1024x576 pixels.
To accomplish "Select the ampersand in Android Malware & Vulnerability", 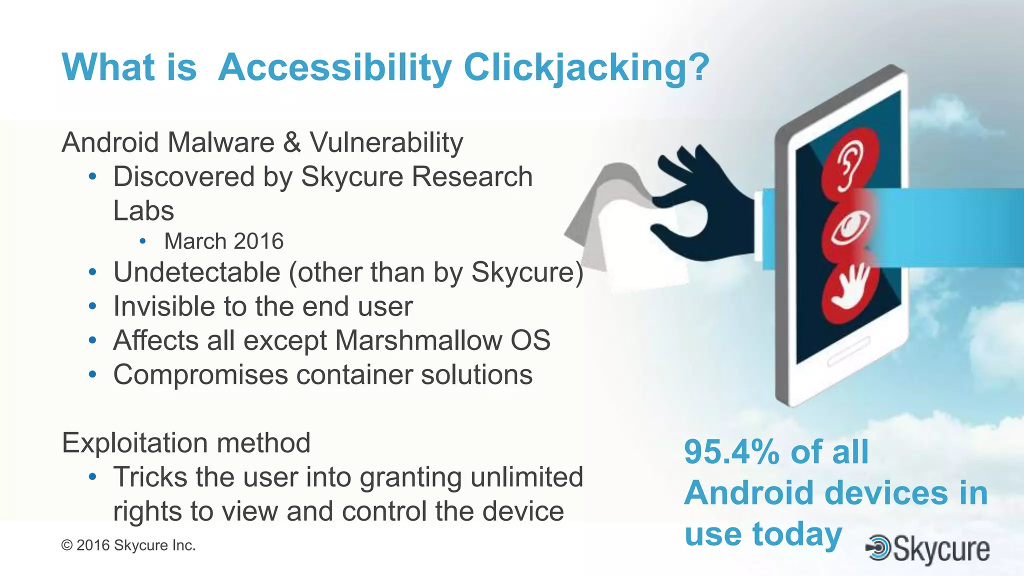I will (291, 142).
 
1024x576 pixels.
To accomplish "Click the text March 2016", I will (223, 241).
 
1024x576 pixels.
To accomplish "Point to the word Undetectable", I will (196, 272).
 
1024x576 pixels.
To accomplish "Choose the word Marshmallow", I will (418, 340).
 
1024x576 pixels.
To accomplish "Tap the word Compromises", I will (200, 375).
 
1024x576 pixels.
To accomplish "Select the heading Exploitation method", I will (186, 443).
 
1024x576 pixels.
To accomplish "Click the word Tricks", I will (150, 477).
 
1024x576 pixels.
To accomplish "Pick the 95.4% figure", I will (732, 452).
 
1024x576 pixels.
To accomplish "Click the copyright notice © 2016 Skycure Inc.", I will (128, 545).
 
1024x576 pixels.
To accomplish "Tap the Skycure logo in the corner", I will (928, 549).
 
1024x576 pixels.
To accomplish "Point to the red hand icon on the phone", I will (850, 290).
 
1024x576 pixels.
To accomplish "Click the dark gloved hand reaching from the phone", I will (705, 205).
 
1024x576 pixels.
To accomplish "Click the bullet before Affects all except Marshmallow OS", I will (92, 340).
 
